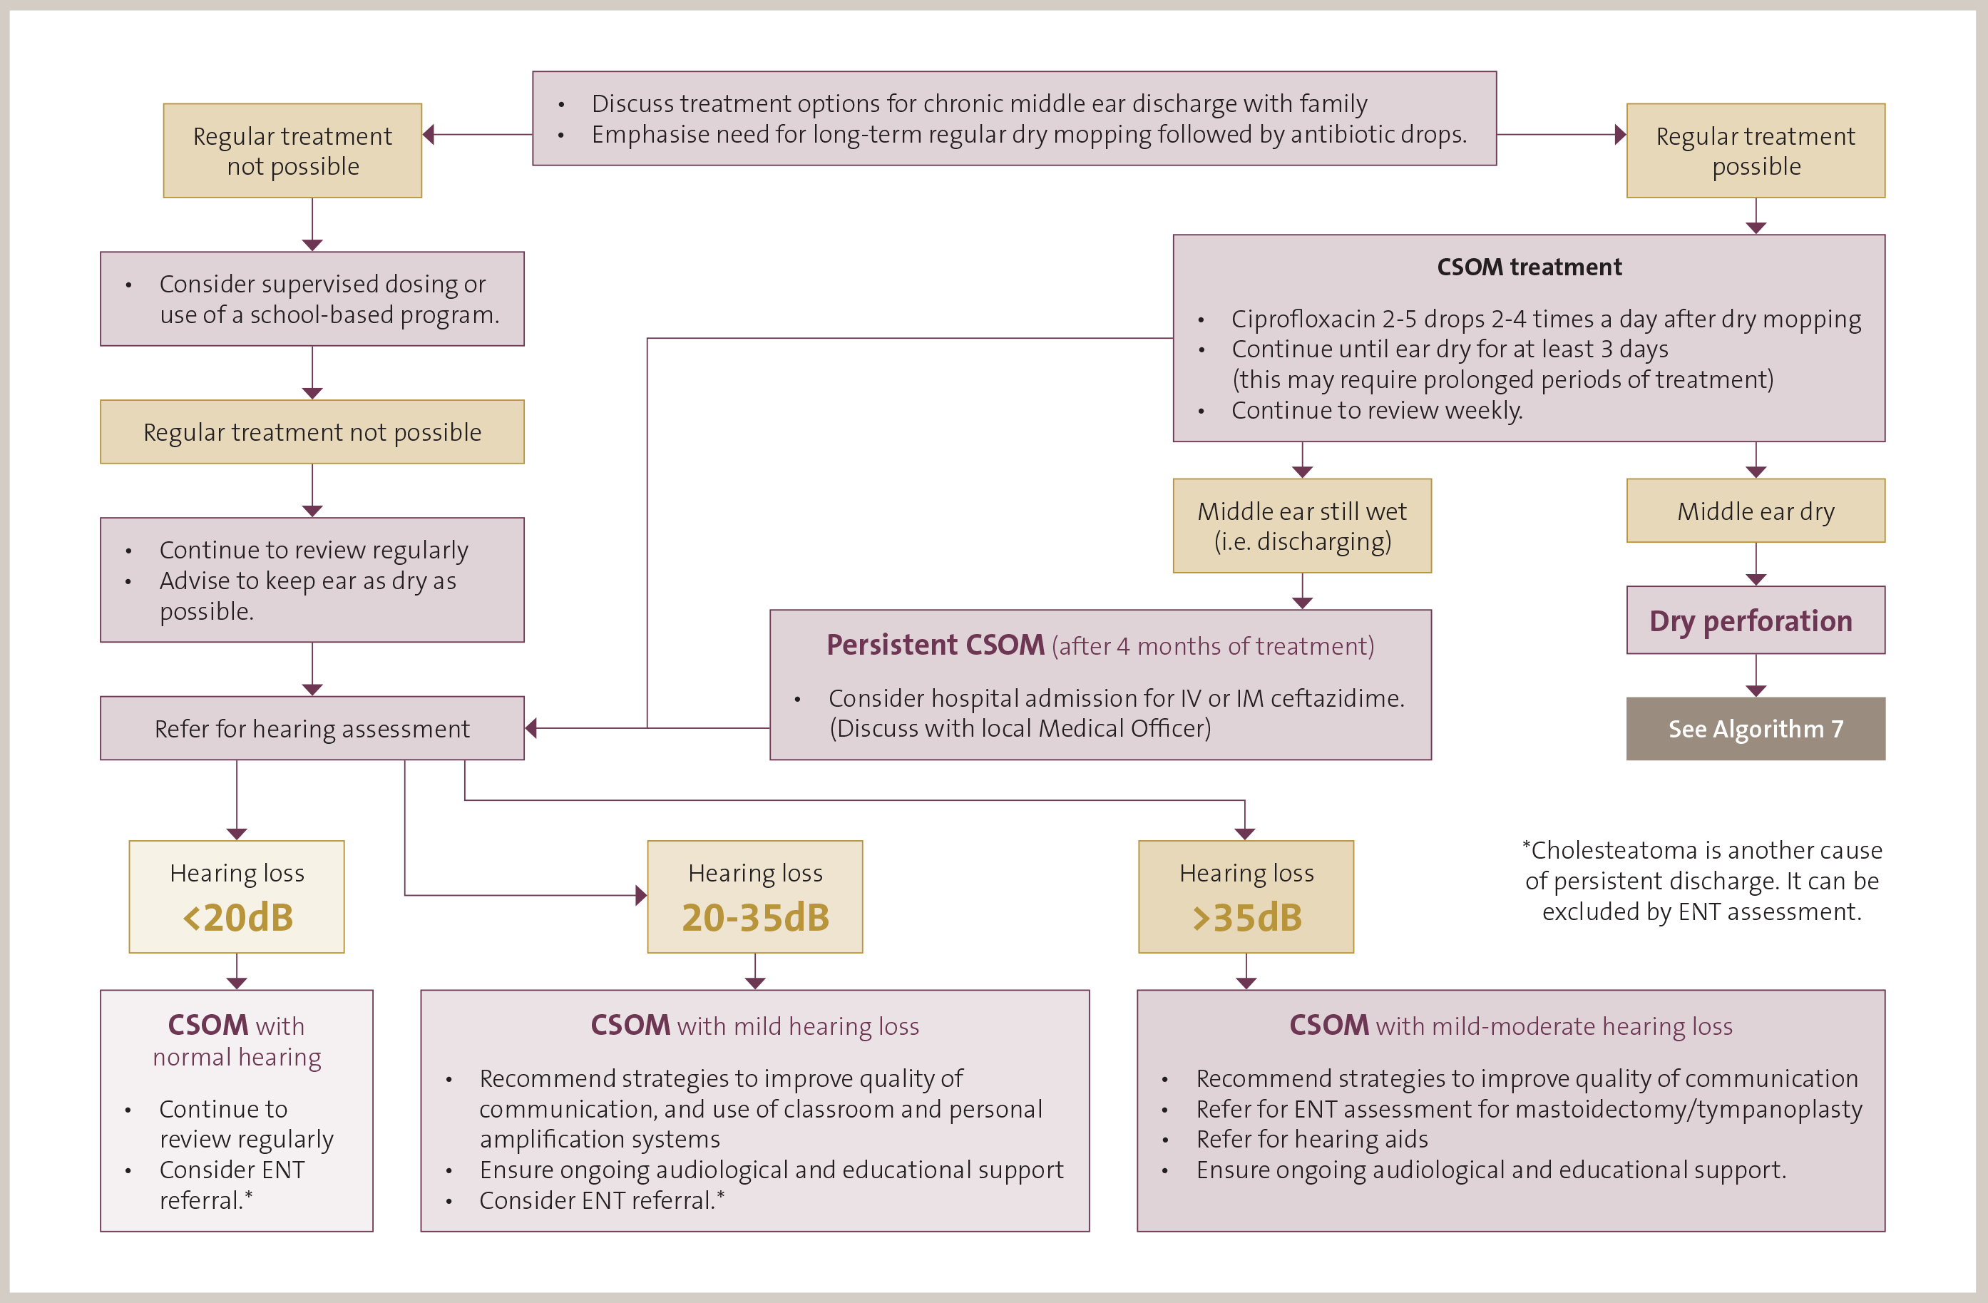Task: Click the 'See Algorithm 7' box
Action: (x=1755, y=728)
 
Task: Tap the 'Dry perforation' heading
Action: (x=1751, y=620)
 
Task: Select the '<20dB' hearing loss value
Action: (x=238, y=917)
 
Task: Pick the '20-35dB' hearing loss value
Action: (x=755, y=917)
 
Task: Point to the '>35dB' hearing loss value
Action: (x=1246, y=917)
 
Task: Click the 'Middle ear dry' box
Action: (x=1755, y=511)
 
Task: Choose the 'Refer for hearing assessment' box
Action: (x=312, y=728)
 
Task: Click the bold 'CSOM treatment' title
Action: (x=1529, y=267)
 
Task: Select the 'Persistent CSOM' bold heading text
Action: (x=935, y=645)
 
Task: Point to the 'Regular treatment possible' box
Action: (x=1755, y=150)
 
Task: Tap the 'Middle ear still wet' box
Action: (x=1301, y=526)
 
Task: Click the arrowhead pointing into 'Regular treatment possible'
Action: (x=1621, y=135)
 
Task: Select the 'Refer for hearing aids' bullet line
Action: (x=1311, y=1139)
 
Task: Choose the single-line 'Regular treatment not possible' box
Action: (x=312, y=431)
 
